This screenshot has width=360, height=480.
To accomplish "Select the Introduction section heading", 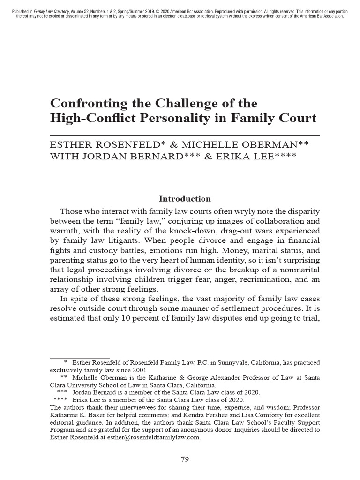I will (x=185, y=199).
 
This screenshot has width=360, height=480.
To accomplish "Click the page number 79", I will (x=185, y=459).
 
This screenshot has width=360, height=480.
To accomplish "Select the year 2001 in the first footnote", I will (x=139, y=369).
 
